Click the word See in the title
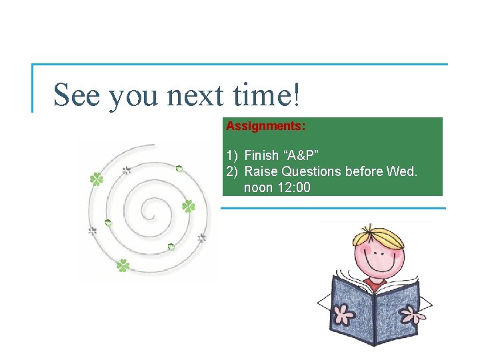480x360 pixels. [77, 95]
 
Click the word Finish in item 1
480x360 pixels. [261, 155]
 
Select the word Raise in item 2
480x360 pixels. [259, 171]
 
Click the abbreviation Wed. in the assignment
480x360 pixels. [401, 171]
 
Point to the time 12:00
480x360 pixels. [293, 187]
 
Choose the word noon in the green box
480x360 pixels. [259, 187]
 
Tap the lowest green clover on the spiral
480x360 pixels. [123, 266]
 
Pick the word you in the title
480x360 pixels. [133, 96]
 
